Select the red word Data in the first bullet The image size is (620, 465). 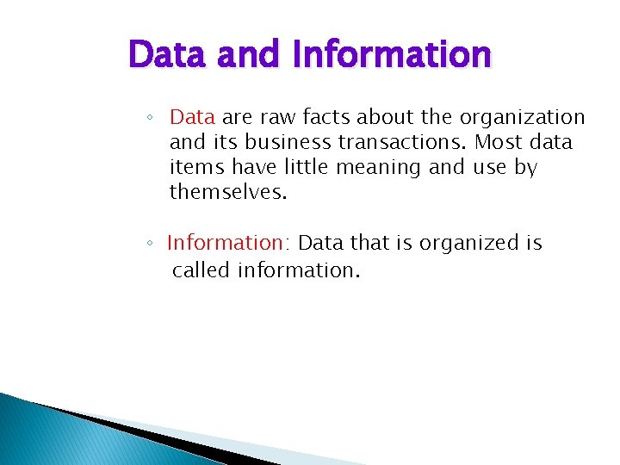coord(194,116)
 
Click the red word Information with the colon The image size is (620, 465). coord(229,244)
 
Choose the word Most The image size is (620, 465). coord(499,142)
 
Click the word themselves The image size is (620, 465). coord(227,192)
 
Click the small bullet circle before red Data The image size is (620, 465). coord(150,117)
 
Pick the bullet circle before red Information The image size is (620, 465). coord(150,245)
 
